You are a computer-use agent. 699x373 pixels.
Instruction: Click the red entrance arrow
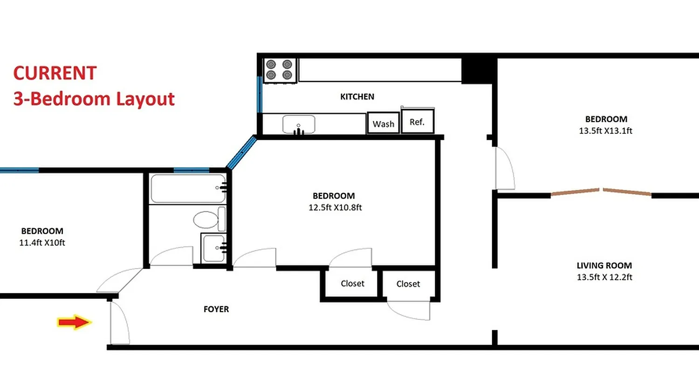[74, 322]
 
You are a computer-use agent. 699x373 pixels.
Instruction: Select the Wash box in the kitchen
[384, 124]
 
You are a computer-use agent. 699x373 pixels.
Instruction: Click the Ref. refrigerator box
[418, 122]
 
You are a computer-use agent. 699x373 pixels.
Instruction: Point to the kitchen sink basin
[299, 124]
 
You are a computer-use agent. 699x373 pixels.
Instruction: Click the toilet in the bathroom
[206, 219]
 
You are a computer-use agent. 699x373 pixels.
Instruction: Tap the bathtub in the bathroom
[188, 188]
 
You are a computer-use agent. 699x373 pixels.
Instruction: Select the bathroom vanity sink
[214, 247]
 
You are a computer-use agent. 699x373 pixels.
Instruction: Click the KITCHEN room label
[357, 97]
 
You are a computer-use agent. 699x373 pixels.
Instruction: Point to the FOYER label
[216, 309]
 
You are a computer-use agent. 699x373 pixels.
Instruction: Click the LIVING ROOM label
[604, 266]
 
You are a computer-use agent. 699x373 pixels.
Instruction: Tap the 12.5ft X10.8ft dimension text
[335, 207]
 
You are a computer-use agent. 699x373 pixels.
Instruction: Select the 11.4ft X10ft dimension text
[42, 242]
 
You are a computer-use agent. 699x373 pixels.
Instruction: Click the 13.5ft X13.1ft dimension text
[605, 131]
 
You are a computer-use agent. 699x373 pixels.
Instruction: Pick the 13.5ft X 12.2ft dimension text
[604, 277]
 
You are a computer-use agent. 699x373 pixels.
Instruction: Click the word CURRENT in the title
[55, 73]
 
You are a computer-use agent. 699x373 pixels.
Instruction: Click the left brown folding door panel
[575, 192]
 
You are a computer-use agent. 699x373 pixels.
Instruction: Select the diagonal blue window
[241, 152]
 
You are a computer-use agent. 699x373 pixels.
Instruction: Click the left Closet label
[352, 283]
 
